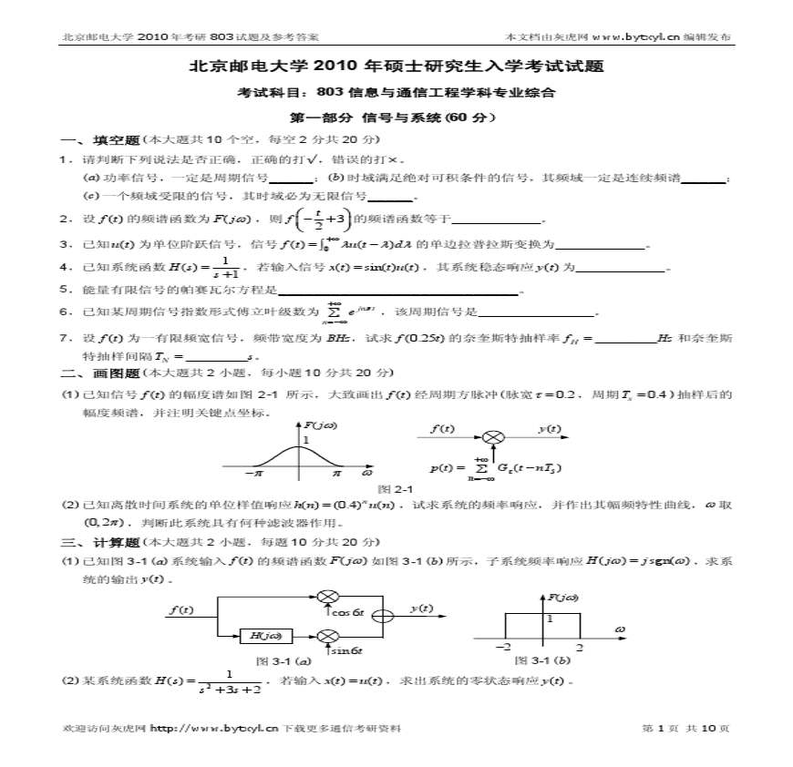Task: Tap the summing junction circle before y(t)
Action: [386, 615]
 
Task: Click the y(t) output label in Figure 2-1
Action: [549, 428]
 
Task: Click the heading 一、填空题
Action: [98, 139]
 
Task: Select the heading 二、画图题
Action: [98, 373]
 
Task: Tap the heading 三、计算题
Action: [98, 542]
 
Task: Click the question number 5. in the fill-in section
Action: [66, 290]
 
